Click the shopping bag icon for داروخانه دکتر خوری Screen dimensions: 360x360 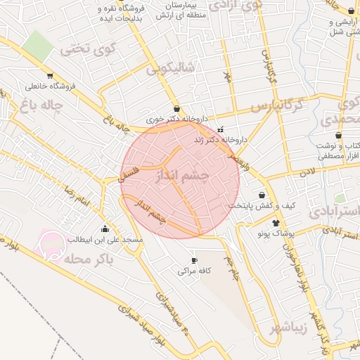pos(175,110)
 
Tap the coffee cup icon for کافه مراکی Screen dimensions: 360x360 pos(195,260)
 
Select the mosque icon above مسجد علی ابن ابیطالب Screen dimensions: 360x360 pos(105,228)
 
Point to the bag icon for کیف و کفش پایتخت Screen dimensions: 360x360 pos(262,195)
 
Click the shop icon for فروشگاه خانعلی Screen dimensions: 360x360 pos(49,75)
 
